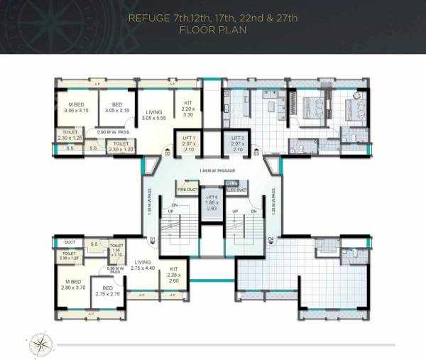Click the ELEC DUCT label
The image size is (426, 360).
(x=236, y=190)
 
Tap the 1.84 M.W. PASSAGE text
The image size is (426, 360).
(x=212, y=172)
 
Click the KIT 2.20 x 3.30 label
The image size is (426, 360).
(x=188, y=108)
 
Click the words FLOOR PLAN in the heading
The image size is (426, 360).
(x=212, y=31)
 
